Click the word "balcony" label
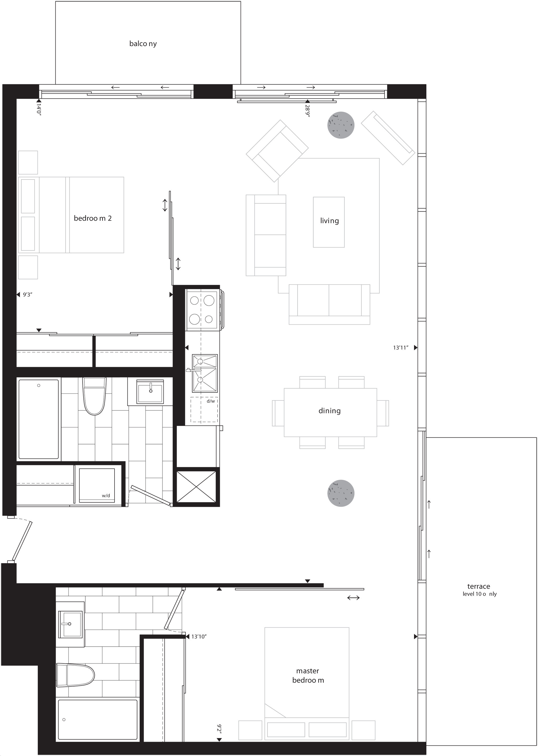coord(143,44)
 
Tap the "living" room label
coord(329,221)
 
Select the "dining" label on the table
coord(329,411)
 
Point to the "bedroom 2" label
coord(92,218)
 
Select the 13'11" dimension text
coord(401,348)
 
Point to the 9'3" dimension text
coord(28,295)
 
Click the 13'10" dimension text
coord(199,636)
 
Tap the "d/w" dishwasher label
coord(211,401)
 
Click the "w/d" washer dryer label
coord(106,496)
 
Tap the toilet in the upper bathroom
coord(94,396)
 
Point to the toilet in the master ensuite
coord(76,675)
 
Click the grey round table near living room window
coord(341,125)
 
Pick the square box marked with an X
coord(196,487)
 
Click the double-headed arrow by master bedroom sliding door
coord(354,598)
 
